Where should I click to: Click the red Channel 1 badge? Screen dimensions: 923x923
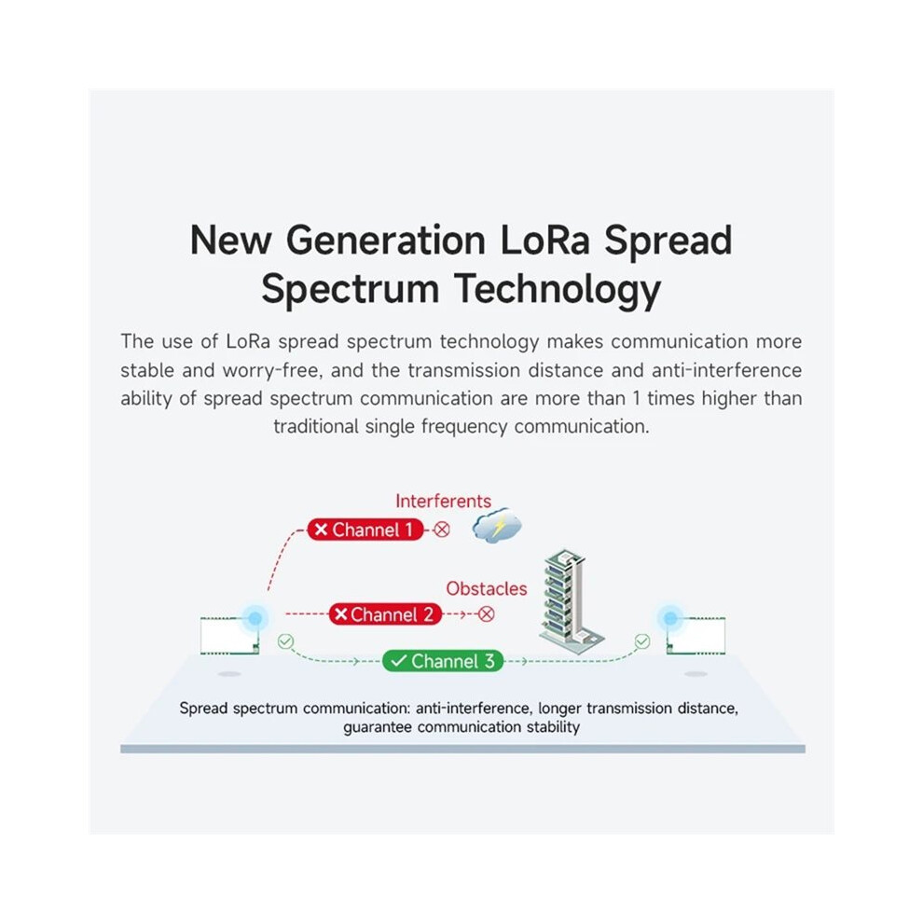point(365,530)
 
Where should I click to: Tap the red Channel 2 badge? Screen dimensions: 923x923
point(385,614)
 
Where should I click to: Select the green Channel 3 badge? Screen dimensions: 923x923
point(443,661)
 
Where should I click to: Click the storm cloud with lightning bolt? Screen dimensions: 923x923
point(497,525)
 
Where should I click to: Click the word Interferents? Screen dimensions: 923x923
point(443,501)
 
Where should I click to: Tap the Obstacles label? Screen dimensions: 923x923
point(487,588)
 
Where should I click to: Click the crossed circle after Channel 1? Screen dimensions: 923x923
point(442,530)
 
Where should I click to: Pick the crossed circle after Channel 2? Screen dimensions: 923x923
point(487,614)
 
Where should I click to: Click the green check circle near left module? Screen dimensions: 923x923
point(285,641)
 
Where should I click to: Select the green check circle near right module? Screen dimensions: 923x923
point(642,641)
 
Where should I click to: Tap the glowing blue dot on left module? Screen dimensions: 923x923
point(255,619)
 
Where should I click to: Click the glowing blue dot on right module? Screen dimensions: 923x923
point(670,618)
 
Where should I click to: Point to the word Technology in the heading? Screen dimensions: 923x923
point(558,290)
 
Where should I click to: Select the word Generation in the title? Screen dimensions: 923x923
point(386,241)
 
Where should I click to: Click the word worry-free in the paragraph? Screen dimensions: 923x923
point(272,371)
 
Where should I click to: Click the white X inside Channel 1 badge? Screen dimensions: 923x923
point(321,530)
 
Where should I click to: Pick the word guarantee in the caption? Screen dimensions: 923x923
point(378,727)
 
